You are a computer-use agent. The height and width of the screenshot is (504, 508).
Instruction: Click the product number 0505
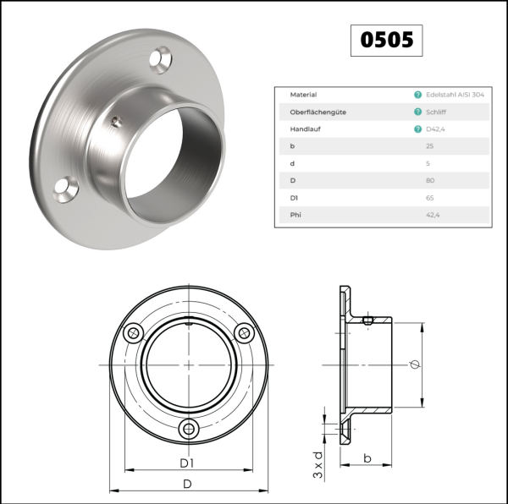pyautogui.click(x=387, y=40)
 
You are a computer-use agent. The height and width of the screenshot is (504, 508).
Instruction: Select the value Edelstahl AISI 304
pyautogui.click(x=455, y=95)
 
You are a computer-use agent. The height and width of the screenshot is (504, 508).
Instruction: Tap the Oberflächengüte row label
pyautogui.click(x=317, y=112)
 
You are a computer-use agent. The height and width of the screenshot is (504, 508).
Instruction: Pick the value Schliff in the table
pyautogui.click(x=436, y=112)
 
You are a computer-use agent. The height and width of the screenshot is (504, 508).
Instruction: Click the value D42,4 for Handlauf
pyautogui.click(x=435, y=129)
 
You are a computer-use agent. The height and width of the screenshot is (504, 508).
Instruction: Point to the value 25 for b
pyautogui.click(x=429, y=146)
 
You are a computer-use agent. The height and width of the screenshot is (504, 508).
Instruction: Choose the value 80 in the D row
pyautogui.click(x=430, y=180)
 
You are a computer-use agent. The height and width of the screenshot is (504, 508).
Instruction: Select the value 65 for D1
pyautogui.click(x=429, y=198)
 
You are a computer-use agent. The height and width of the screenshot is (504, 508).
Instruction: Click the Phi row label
pyautogui.click(x=295, y=215)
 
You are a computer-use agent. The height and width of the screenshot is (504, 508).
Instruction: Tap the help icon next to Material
pyautogui.click(x=418, y=95)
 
